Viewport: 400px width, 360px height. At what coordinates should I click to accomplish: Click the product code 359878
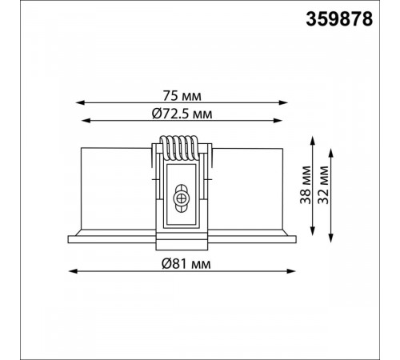(339, 19)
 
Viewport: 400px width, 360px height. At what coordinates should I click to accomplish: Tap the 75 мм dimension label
(182, 96)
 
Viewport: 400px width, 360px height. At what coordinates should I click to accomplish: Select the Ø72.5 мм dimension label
(182, 114)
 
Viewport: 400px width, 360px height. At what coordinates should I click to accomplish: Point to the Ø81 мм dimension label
(186, 264)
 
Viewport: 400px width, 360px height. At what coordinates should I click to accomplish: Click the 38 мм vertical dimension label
(306, 185)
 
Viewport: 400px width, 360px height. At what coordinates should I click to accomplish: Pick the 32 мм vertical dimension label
(323, 185)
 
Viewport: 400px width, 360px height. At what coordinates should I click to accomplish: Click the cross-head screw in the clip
(181, 198)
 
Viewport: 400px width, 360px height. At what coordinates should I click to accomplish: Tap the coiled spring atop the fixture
(179, 148)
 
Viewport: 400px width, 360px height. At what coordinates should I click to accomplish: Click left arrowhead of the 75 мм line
(80, 102)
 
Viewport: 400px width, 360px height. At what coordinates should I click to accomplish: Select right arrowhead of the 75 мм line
(283, 102)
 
